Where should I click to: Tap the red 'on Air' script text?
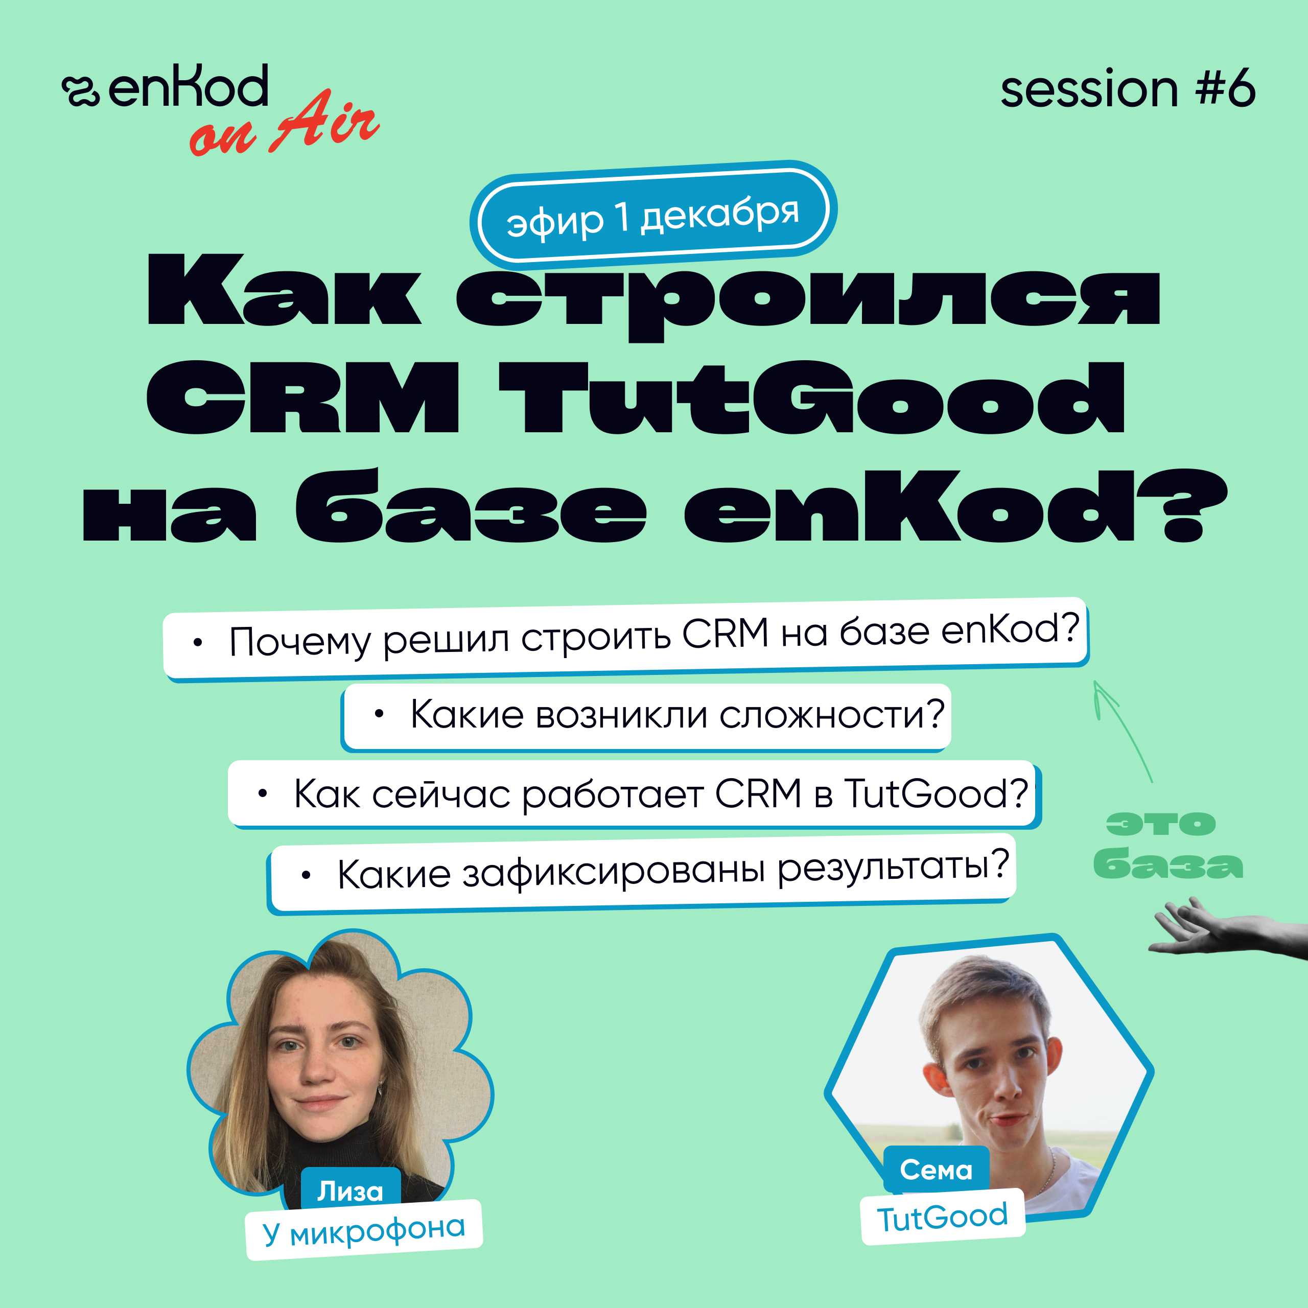click(285, 124)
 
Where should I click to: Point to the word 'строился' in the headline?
click(808, 298)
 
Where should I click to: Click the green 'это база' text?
click(1168, 846)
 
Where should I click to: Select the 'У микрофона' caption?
click(364, 1229)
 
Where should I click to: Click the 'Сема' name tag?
click(937, 1169)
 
